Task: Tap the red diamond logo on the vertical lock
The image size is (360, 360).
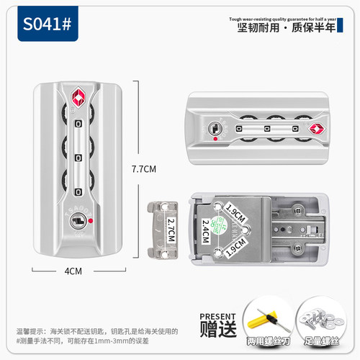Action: [x=78, y=98]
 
